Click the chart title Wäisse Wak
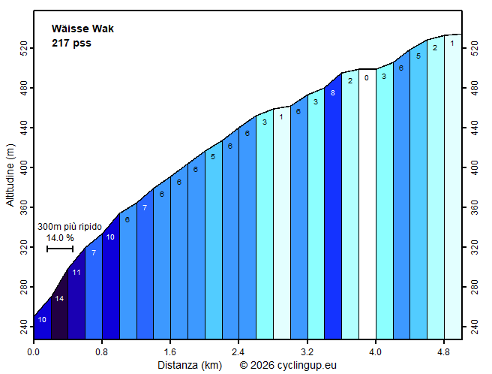click(82, 29)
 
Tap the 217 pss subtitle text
click(71, 43)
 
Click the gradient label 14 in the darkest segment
click(59, 299)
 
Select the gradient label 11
click(76, 272)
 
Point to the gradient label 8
click(332, 92)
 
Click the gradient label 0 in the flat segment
click(367, 77)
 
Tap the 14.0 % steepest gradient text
click(60, 237)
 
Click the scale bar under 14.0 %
click(60, 249)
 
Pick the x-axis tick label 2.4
click(238, 351)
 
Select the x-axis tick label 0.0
click(34, 351)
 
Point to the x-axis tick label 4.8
click(443, 351)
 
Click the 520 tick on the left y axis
click(23, 50)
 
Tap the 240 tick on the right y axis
click(473, 327)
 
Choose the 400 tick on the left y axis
click(23, 167)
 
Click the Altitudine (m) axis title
click(10, 177)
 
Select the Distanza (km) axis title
click(189, 366)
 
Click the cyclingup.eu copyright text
click(288, 366)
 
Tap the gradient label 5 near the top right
click(418, 56)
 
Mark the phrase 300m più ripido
click(70, 226)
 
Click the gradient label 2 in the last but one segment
click(435, 48)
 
